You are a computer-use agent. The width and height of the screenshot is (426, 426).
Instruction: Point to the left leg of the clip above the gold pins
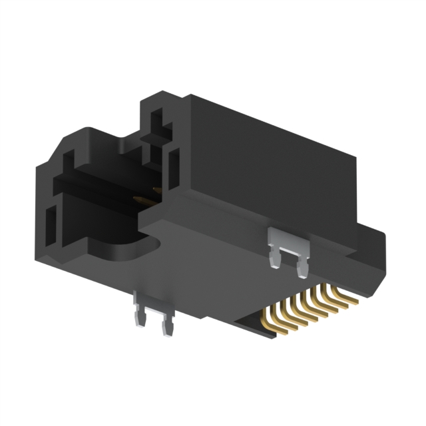tap(274, 256)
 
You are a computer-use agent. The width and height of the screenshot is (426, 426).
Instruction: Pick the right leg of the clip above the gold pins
tap(303, 266)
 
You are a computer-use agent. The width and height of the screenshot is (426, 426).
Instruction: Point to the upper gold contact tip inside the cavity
tap(157, 191)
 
